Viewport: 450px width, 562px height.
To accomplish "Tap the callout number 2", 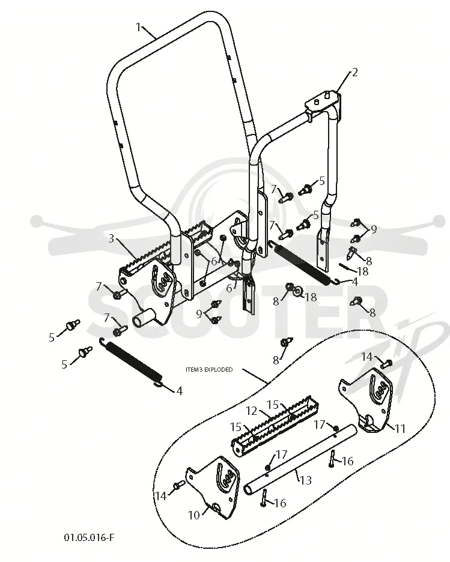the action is pos(354,73).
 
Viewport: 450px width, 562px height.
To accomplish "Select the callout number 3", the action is pos(111,238).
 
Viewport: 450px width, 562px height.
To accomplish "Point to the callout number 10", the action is pos(193,515).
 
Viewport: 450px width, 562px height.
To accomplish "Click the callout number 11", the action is pos(400,428).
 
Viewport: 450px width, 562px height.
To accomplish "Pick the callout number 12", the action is pos(252,411).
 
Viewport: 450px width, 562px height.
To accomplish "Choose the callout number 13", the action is pos(305,480).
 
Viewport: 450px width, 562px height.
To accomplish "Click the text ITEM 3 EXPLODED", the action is pos(209,369).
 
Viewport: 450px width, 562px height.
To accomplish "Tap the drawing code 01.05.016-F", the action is pos(90,537).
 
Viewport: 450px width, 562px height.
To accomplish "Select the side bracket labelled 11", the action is pos(366,402).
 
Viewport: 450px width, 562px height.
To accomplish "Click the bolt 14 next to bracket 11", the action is pos(386,364).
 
